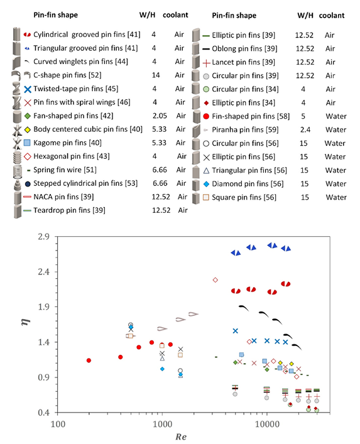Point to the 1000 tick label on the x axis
point(162,424)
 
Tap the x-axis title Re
point(181,436)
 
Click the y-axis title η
point(26,322)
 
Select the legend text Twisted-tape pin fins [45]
point(75,89)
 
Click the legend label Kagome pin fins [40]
point(67,143)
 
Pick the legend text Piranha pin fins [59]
point(245,130)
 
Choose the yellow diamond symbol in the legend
point(28,130)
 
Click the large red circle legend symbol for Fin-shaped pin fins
point(206,116)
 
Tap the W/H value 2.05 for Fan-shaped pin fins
point(160,116)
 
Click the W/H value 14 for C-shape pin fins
point(156,75)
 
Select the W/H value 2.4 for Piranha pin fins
point(305,130)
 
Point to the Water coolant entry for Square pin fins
point(336,197)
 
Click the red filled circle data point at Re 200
point(89,360)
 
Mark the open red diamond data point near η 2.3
point(215,280)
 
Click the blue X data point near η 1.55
point(236,331)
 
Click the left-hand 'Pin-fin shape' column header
point(55,15)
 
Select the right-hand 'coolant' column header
point(332,15)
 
